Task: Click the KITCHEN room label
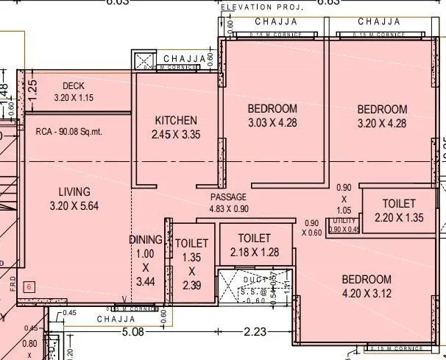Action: pos(175,121)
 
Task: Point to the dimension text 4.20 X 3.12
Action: pos(365,293)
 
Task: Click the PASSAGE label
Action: pos(228,197)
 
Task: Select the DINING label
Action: pos(145,239)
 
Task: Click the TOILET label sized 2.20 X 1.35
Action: pos(399,203)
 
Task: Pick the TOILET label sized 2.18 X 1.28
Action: pos(255,239)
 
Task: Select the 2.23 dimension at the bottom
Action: pos(255,331)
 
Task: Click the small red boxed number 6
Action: pos(30,287)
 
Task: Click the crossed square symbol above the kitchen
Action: pos(143,60)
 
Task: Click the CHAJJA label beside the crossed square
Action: pos(180,58)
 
